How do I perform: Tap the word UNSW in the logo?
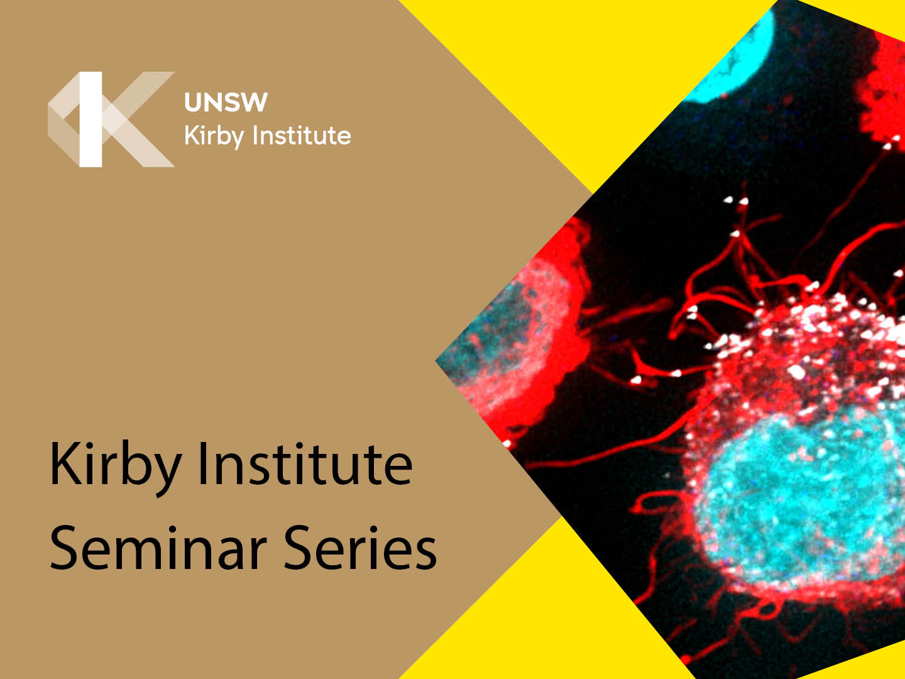click(226, 102)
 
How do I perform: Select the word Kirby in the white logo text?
click(214, 136)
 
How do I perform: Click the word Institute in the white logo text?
click(302, 136)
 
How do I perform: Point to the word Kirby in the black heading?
click(116, 468)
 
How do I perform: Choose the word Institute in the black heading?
click(305, 464)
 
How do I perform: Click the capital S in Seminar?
click(64, 548)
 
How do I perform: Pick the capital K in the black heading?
click(67, 463)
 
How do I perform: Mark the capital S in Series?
click(299, 548)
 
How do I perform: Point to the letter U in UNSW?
click(193, 102)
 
